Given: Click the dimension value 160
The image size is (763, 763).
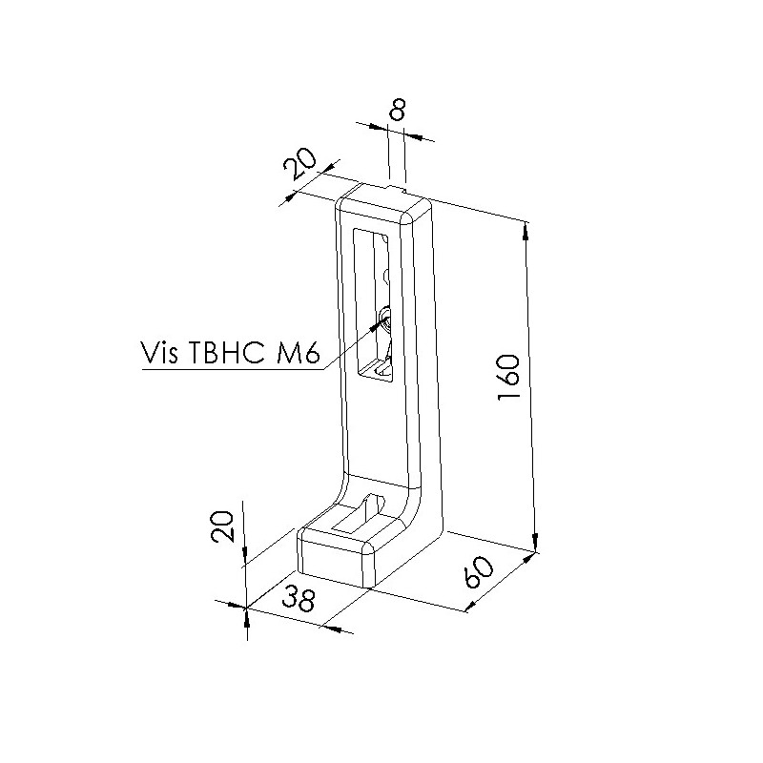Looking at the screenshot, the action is (x=509, y=378).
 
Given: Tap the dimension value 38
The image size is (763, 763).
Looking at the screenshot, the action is (x=299, y=599).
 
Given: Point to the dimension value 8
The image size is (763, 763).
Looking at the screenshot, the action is (x=398, y=110).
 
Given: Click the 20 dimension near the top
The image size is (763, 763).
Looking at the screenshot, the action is (x=299, y=163).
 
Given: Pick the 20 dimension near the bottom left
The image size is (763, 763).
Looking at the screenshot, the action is (x=223, y=526).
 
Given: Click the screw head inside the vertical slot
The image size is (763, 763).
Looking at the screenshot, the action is (x=385, y=320).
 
